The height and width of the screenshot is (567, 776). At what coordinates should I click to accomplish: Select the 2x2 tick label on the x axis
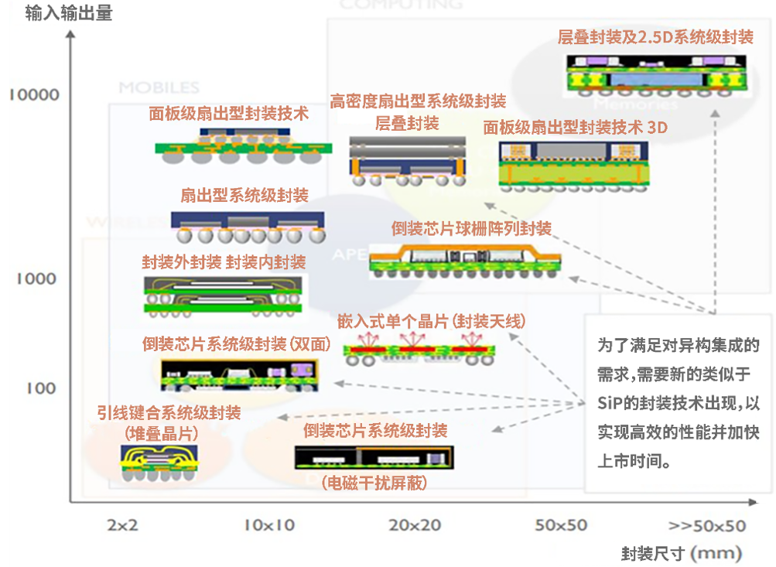(122, 526)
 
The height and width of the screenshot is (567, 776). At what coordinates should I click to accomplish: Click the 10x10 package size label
(269, 526)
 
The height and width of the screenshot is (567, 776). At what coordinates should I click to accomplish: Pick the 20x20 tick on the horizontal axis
(415, 526)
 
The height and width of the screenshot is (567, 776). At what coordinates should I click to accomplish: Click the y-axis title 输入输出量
(69, 13)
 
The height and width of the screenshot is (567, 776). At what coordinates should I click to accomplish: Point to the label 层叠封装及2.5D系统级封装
(655, 37)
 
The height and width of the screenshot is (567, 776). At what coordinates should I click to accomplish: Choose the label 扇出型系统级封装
(244, 194)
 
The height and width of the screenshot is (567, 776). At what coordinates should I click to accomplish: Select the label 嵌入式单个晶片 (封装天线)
(432, 320)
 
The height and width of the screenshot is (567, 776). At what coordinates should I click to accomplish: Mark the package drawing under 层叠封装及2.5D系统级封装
(658, 73)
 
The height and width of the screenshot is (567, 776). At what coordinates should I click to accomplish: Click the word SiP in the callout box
(610, 404)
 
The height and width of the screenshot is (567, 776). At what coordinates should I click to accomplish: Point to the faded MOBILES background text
(159, 88)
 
